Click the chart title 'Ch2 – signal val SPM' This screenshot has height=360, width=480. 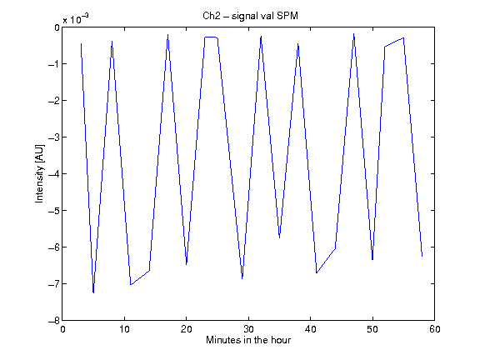tap(250, 16)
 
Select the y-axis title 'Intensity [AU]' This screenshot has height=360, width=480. tap(39, 173)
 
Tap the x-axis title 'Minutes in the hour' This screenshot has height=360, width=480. tap(248, 340)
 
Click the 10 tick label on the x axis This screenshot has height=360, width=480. tap(124, 329)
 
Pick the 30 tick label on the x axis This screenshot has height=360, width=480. tap(248, 329)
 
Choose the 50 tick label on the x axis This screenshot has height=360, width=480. tap(372, 329)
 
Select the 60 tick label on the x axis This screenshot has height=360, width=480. tap(434, 329)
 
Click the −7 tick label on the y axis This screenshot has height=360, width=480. tap(54, 284)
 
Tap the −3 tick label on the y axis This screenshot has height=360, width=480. tap(54, 137)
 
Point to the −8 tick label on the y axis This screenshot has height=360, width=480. tap(54, 321)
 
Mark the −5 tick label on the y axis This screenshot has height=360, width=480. tap(54, 210)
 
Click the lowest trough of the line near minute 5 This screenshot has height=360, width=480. tap(93, 292)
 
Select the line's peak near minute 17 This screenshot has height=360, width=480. tap(167, 35)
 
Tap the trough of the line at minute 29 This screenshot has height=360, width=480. tap(242, 278)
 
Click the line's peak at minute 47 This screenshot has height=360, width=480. tap(354, 34)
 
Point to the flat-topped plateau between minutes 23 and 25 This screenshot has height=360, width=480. tap(211, 37)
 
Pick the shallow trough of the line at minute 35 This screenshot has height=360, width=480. tap(279, 237)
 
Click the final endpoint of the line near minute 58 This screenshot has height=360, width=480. tap(422, 256)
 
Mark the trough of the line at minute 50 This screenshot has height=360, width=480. tap(372, 260)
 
